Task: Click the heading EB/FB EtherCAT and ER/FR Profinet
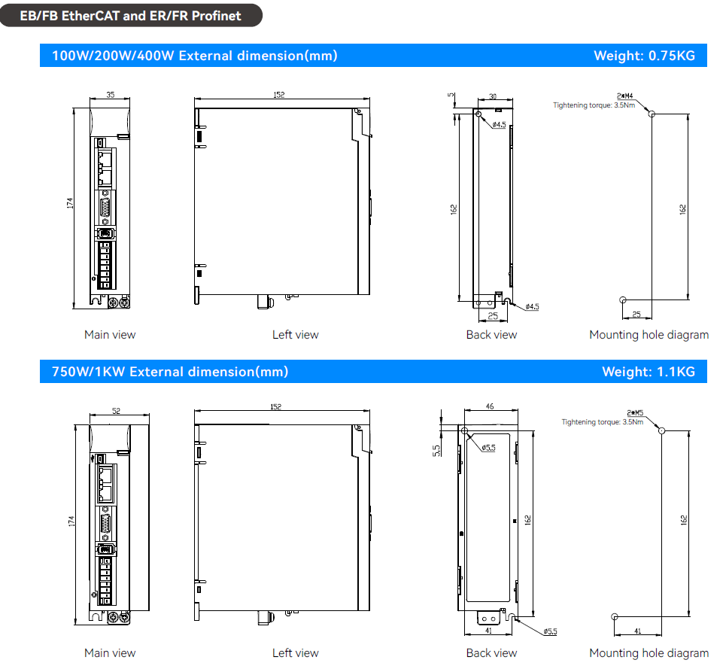[131, 15]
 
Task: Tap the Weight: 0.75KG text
[644, 55]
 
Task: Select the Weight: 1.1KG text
[649, 371]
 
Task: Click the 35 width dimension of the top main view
[111, 96]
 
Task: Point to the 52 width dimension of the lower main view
[115, 411]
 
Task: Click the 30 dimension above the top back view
[493, 96]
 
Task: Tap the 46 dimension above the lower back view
[490, 406]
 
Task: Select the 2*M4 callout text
[625, 96]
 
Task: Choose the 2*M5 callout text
[635, 412]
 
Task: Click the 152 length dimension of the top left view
[279, 96]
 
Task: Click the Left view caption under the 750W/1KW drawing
[295, 652]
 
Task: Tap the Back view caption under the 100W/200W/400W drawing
[491, 335]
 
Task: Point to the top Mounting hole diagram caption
[649, 335]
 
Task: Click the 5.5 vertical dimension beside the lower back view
[437, 449]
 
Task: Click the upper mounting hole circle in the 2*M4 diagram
[652, 114]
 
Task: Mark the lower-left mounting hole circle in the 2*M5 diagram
[615, 616]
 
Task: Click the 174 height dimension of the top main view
[70, 202]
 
